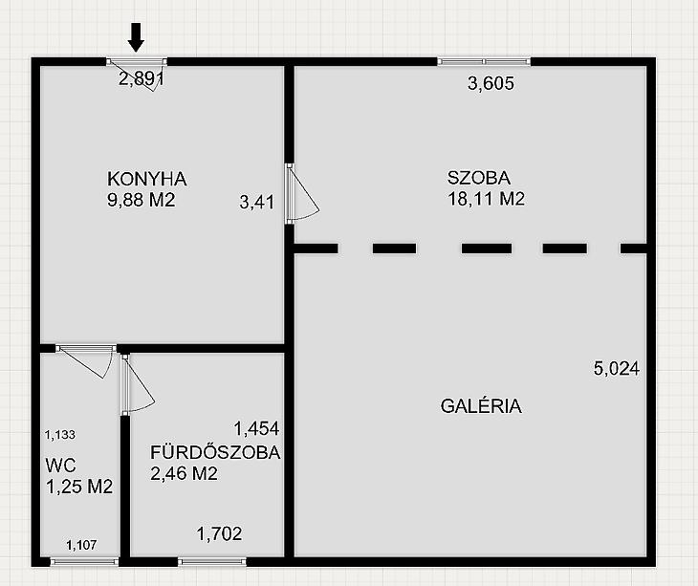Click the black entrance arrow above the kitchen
[136, 37]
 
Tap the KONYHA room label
[147, 179]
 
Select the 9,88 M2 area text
[142, 200]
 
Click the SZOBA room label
[478, 178]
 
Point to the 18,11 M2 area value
[486, 199]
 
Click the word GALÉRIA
[481, 405]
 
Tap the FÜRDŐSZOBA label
[215, 452]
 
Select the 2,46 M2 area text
[184, 473]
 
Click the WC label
[60, 466]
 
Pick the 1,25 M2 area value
[79, 487]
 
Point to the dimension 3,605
[491, 83]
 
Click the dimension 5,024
[617, 368]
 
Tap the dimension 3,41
[257, 202]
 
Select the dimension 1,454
[256, 428]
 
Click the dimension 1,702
[219, 533]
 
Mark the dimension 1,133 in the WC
[60, 435]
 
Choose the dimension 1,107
[81, 545]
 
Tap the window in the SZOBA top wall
[485, 61]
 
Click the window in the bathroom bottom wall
[212, 562]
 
